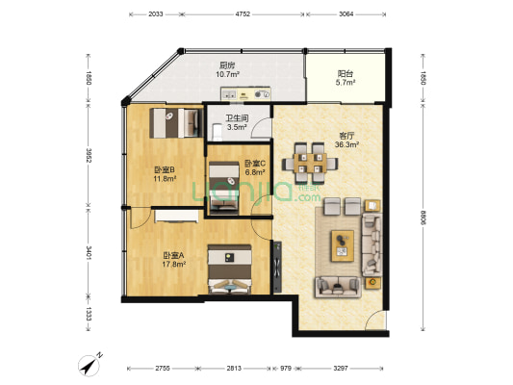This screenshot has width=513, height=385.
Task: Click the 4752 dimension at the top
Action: tap(243, 14)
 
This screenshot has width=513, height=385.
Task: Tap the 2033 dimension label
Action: tap(156, 14)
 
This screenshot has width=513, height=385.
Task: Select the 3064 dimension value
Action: tap(346, 14)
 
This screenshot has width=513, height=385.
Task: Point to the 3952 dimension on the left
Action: tap(89, 156)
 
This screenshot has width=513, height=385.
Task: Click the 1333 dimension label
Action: tap(89, 315)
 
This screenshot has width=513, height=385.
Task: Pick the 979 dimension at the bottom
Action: tap(286, 369)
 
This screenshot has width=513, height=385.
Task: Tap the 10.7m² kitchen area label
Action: tap(227, 74)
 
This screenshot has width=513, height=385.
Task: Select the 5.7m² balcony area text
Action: tap(346, 83)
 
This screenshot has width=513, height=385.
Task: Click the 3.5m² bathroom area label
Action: tap(237, 127)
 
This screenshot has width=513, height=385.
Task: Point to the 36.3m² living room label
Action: tap(347, 144)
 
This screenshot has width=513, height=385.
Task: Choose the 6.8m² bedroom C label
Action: tap(255, 172)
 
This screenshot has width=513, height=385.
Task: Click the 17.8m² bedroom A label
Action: tap(174, 264)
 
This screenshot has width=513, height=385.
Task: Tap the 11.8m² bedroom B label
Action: tap(165, 179)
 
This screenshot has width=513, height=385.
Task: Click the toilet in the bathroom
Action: tap(217, 132)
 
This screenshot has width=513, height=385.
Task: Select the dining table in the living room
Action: tap(310, 163)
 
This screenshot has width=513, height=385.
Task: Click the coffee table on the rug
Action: tap(343, 246)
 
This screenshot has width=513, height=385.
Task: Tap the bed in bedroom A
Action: tap(229, 269)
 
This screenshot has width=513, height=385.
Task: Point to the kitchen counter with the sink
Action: tap(245, 93)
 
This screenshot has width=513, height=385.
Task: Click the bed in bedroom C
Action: tap(224, 188)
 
